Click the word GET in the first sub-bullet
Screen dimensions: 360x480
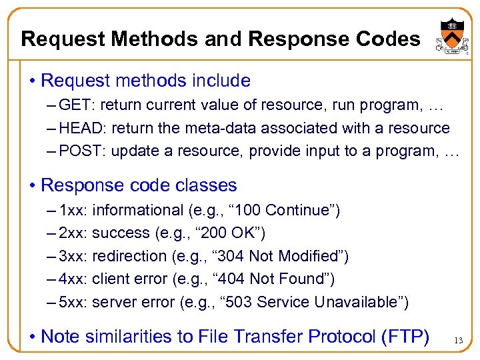[x=71, y=105]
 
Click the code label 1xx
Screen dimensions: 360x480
[x=73, y=211]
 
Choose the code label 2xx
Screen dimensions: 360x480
[x=73, y=233]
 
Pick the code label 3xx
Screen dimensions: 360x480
[x=73, y=256]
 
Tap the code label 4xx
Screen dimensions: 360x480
[x=73, y=279]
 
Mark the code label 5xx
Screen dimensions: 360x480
[x=73, y=302]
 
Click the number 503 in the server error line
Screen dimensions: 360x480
[x=239, y=302]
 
